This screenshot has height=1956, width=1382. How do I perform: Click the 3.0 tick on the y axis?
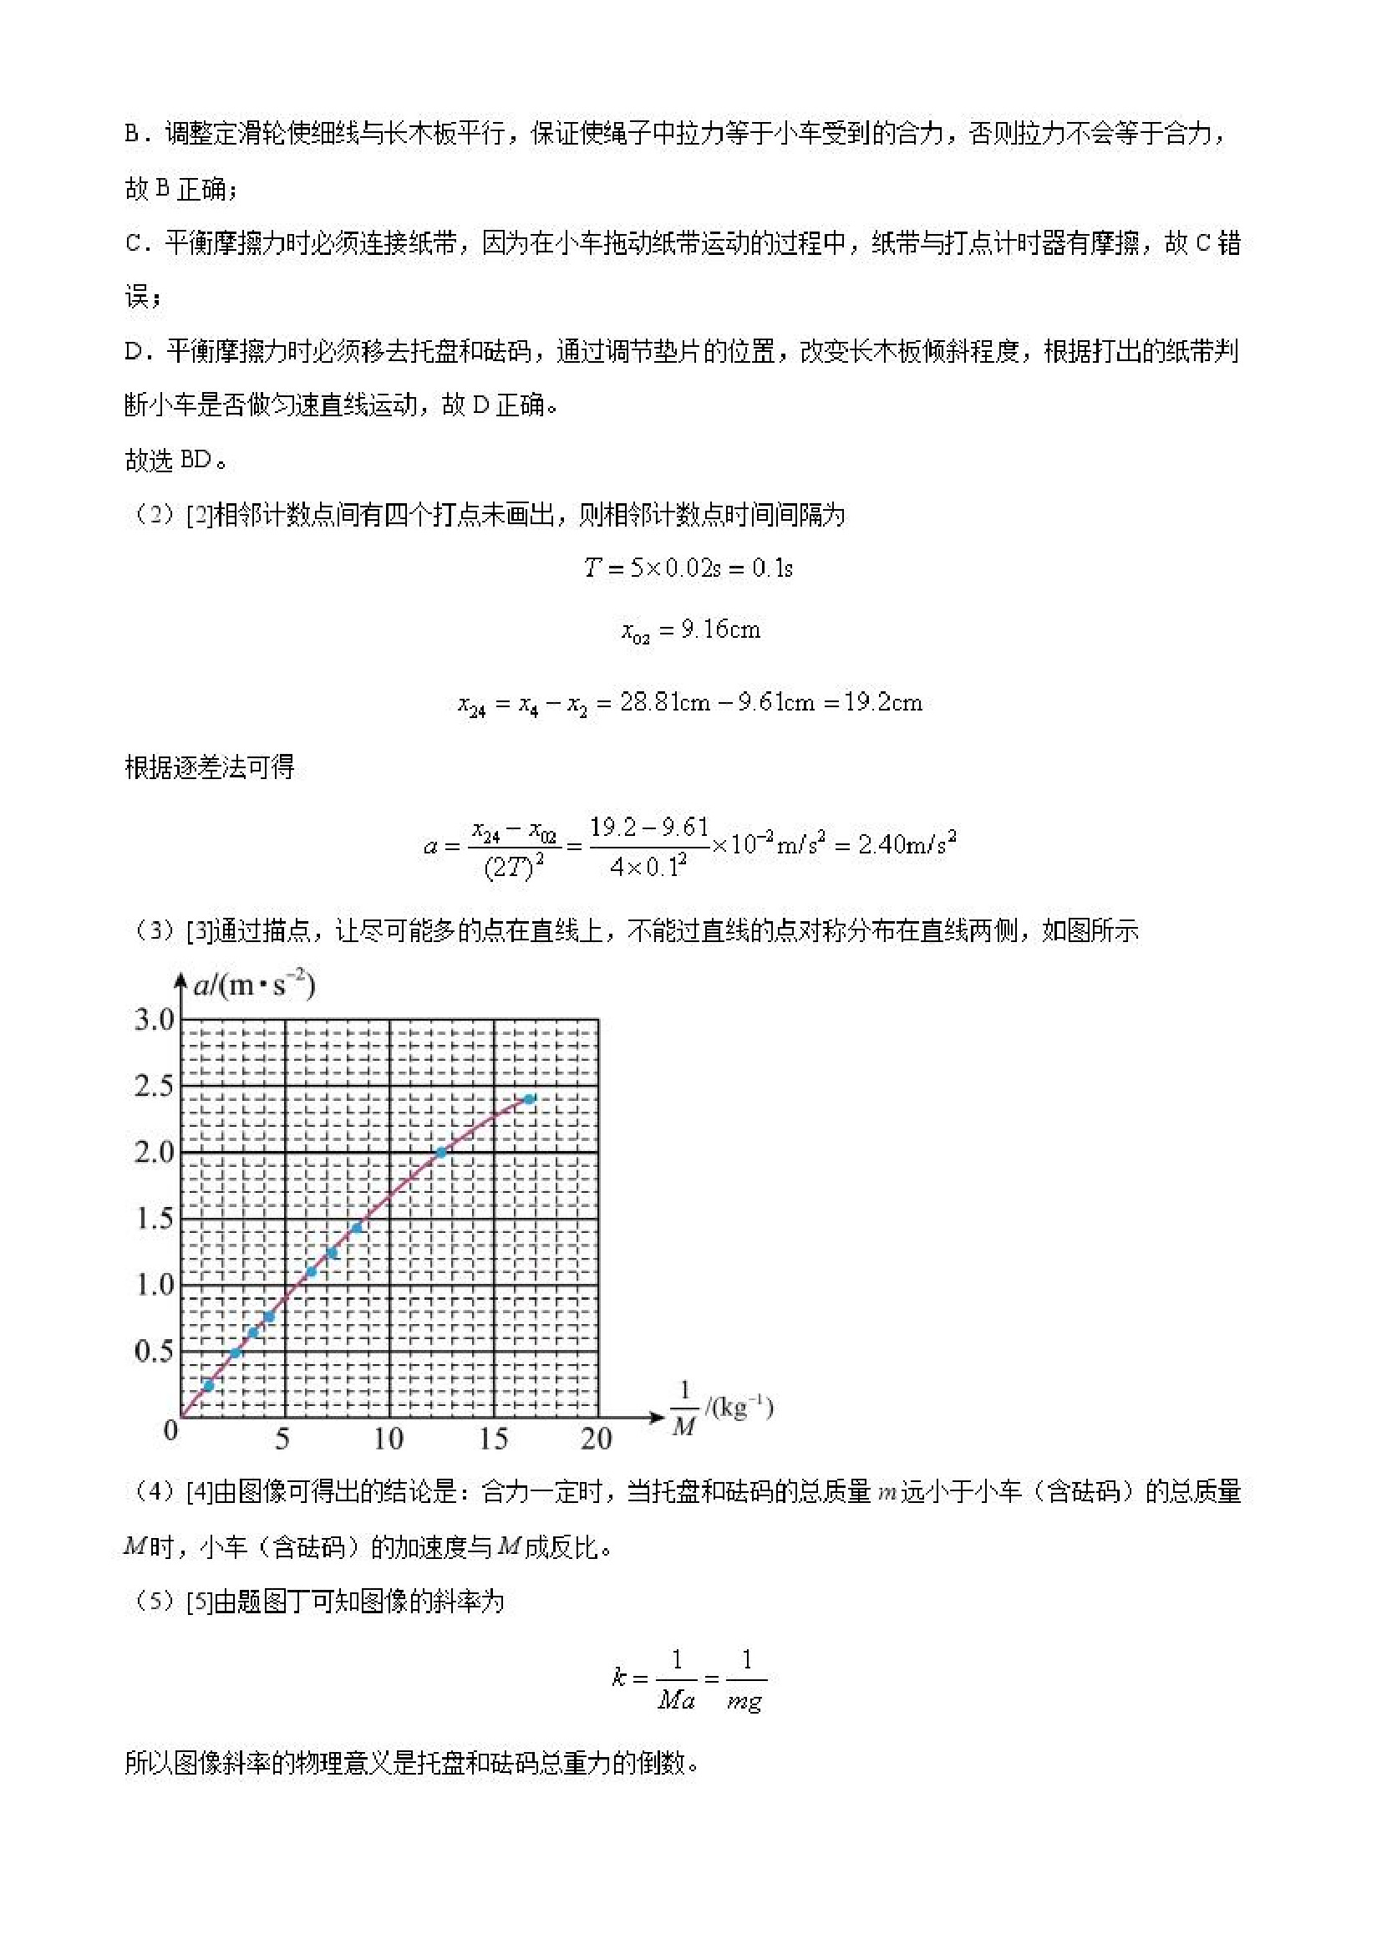click(153, 1020)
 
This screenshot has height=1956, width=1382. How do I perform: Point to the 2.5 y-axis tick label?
click(153, 1086)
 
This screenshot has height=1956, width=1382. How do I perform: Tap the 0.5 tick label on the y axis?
click(153, 1351)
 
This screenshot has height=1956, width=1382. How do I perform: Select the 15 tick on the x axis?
click(493, 1439)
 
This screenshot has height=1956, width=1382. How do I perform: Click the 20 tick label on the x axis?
click(596, 1439)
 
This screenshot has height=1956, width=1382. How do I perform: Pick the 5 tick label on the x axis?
click(282, 1439)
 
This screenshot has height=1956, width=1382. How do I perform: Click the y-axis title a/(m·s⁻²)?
click(254, 986)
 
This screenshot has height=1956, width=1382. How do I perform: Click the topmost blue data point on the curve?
click(529, 1099)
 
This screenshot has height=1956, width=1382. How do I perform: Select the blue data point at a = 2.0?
click(441, 1153)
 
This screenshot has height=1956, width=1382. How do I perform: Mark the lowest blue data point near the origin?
click(209, 1386)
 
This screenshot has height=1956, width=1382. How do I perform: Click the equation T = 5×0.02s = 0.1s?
click(688, 568)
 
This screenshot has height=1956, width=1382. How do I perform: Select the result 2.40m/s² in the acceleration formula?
click(907, 844)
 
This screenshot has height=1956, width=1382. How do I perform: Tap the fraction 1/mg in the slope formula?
click(746, 1679)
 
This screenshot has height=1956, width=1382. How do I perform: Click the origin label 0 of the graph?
click(171, 1430)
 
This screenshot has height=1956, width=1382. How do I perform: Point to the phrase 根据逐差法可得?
click(210, 767)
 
